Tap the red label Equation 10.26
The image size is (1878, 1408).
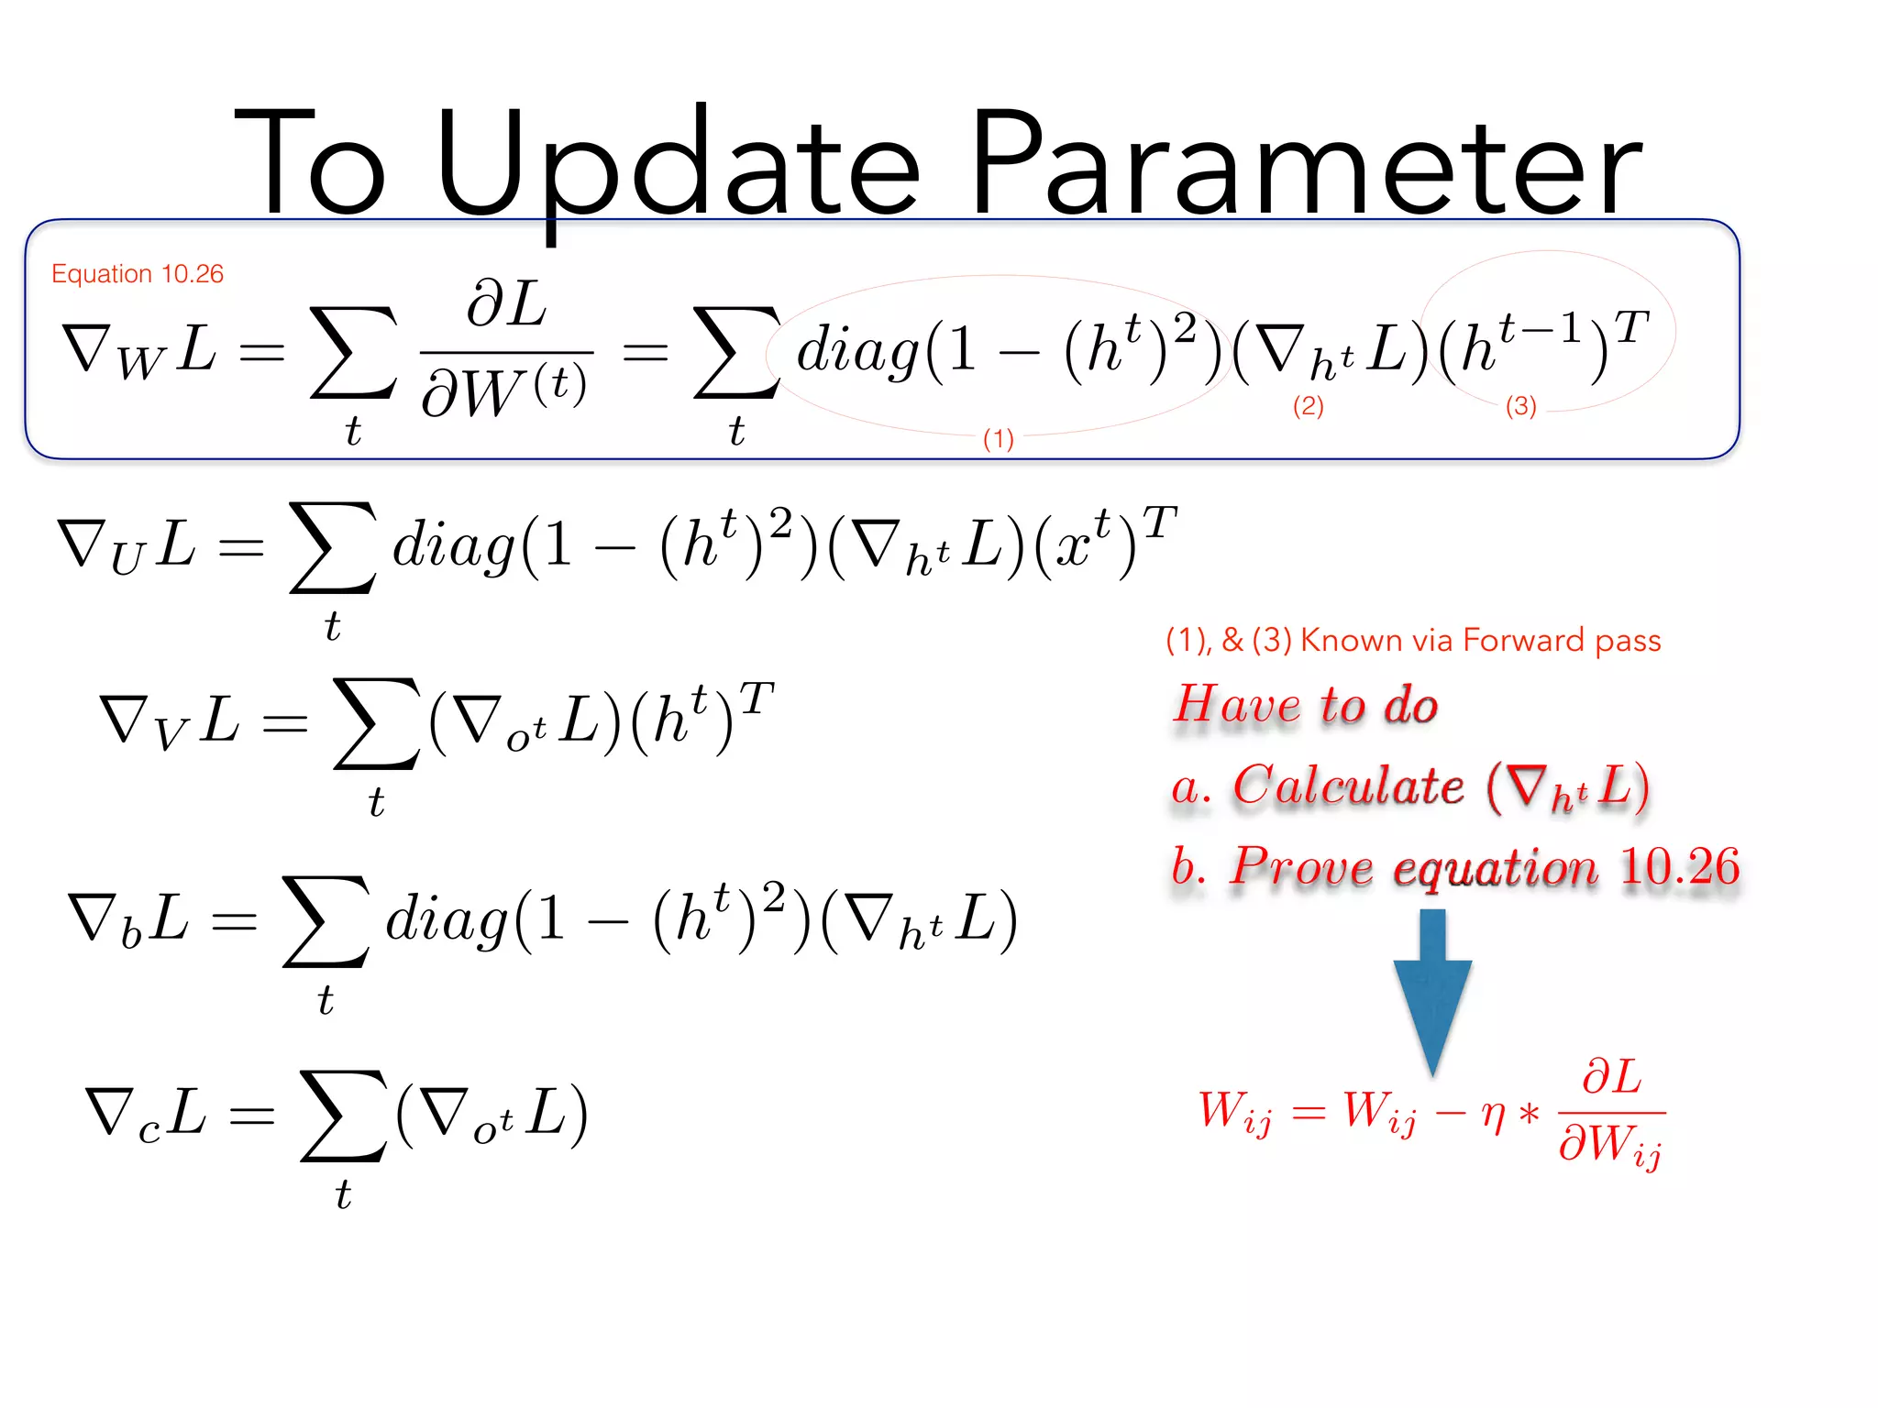coord(138,274)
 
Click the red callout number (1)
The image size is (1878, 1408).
coord(998,439)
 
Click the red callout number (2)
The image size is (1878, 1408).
coord(1308,406)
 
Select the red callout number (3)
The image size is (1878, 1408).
coord(1520,406)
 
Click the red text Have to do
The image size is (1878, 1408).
coord(1307,704)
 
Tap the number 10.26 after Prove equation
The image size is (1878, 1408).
coord(1680,866)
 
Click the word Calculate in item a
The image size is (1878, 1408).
coord(1348,786)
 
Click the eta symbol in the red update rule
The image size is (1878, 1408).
coord(1494,1115)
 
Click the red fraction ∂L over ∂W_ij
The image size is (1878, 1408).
coord(1611,1113)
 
